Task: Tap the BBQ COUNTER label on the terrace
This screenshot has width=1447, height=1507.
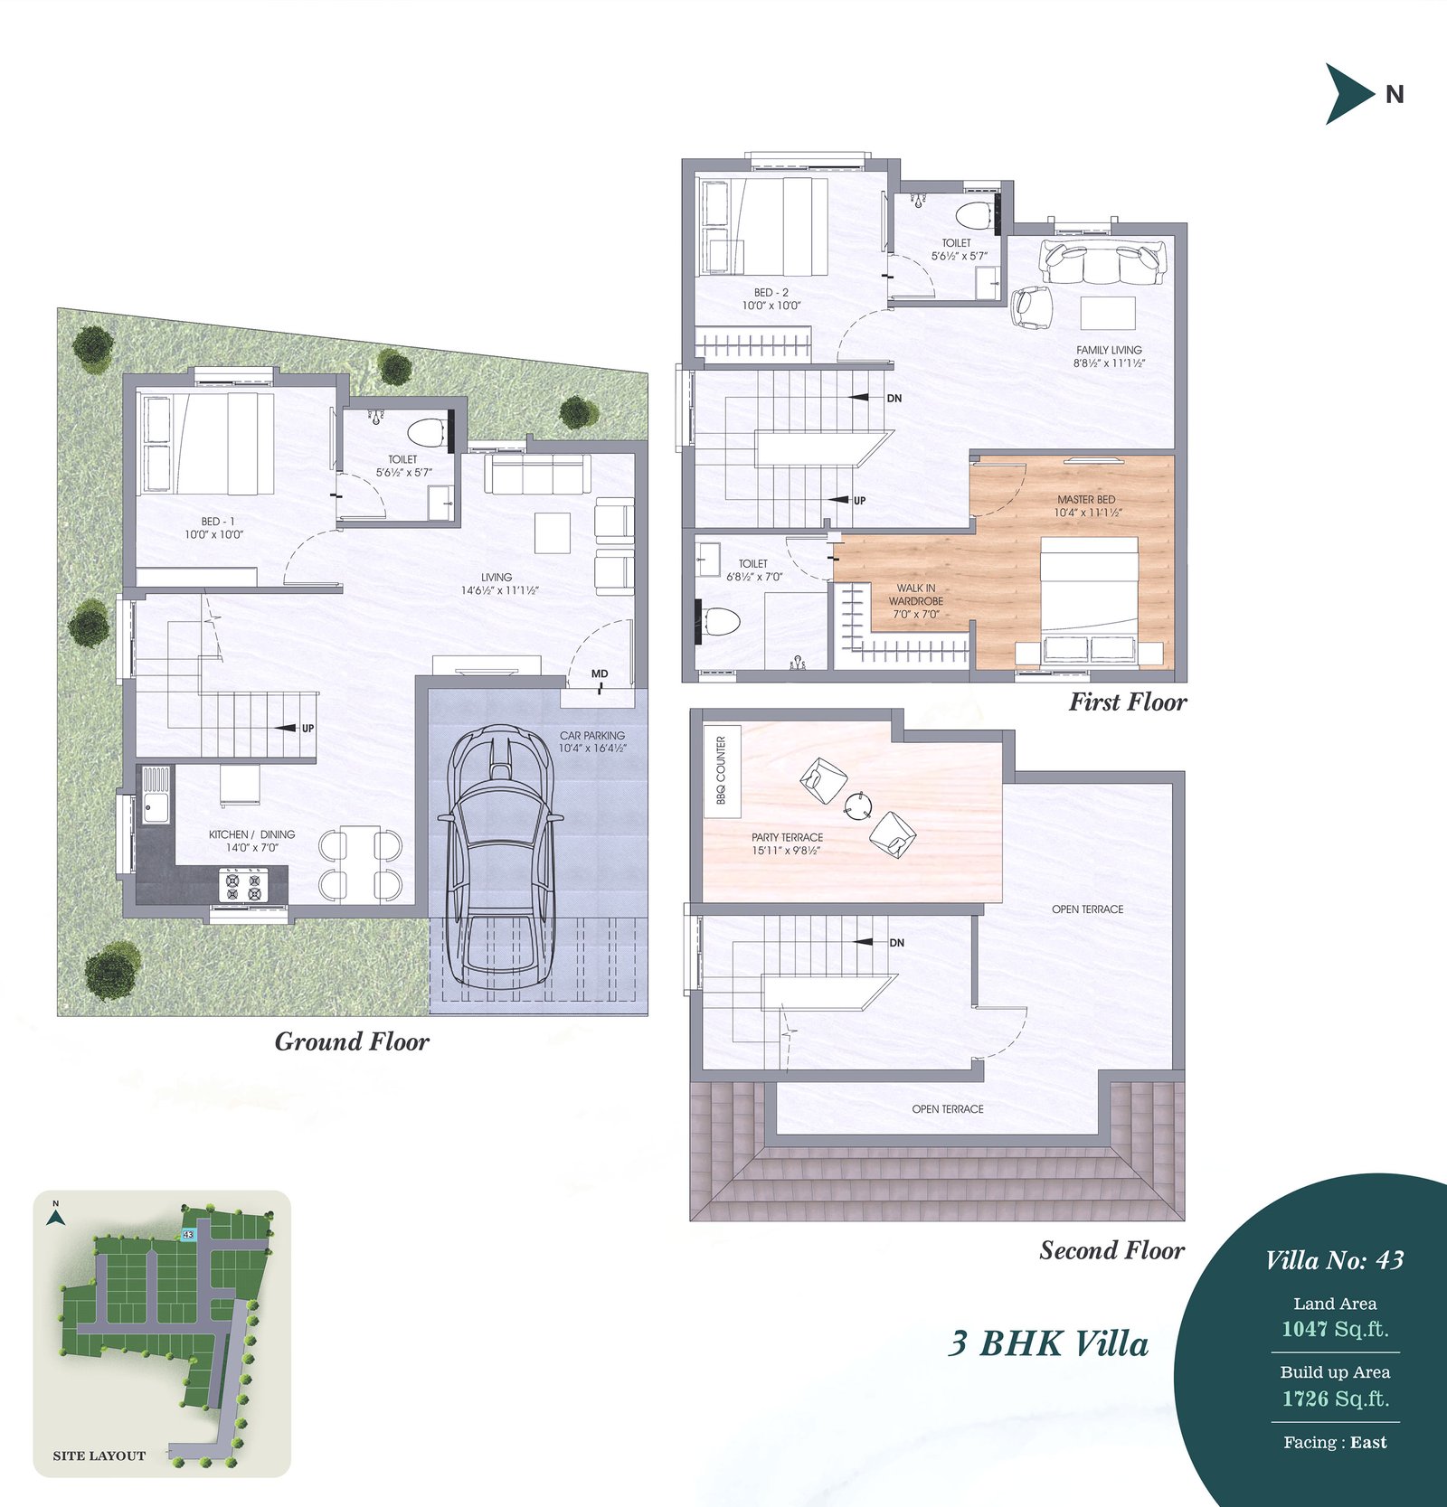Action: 721,770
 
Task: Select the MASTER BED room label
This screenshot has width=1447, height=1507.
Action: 1086,499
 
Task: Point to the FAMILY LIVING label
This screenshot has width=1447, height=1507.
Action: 1109,350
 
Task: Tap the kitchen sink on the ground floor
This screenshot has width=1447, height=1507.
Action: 155,795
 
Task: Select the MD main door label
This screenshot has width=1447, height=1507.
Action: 600,673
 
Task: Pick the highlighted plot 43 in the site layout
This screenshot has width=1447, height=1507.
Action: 188,1234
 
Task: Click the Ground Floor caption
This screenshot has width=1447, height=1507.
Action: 352,1041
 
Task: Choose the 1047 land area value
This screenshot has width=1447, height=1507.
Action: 1305,1329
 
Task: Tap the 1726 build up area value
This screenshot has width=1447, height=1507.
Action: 1305,1399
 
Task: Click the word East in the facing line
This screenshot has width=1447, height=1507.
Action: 1368,1443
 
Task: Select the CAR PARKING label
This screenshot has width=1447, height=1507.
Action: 592,736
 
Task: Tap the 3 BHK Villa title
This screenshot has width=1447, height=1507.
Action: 1048,1343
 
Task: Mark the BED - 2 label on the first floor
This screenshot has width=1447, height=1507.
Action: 771,292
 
